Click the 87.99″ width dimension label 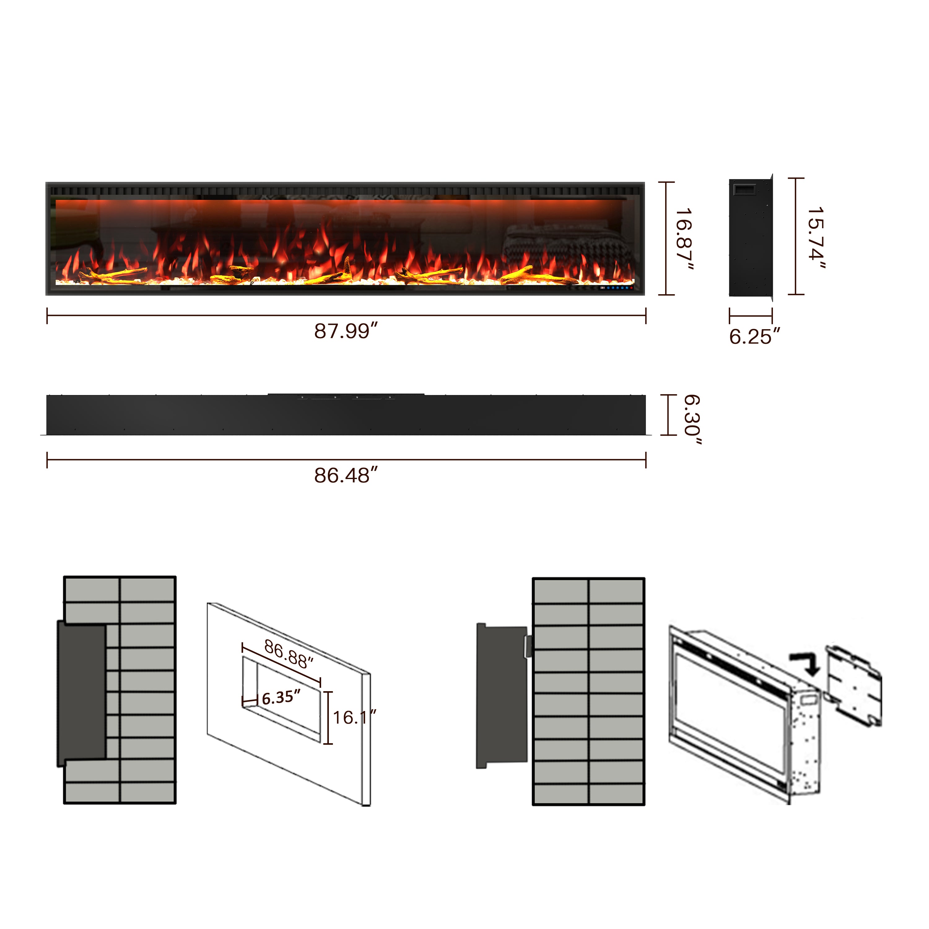(346, 331)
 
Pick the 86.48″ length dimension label (346, 476)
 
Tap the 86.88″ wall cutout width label (289, 654)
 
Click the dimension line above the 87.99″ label (346, 316)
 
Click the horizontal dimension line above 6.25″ (751, 316)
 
